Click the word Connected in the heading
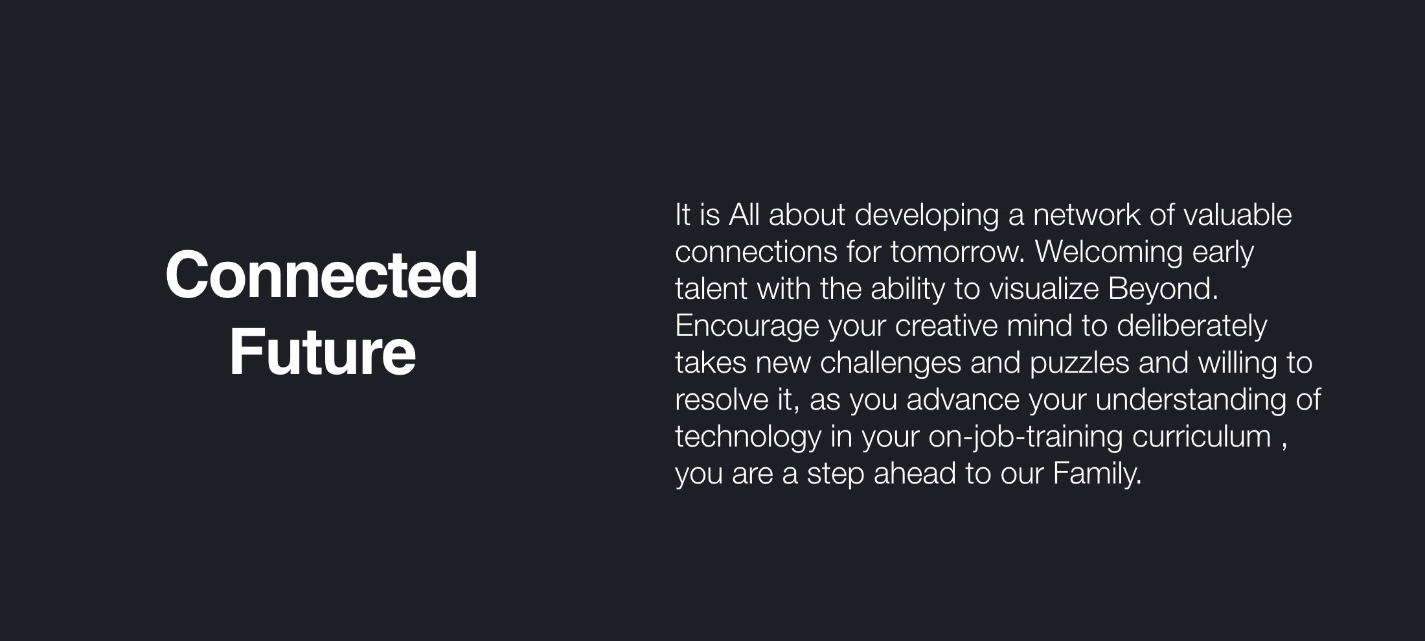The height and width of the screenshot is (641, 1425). [x=322, y=275]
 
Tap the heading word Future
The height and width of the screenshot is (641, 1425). [x=322, y=352]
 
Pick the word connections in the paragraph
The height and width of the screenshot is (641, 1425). [x=756, y=252]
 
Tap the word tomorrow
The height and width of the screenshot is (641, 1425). [x=957, y=252]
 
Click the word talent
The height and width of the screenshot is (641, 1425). [x=711, y=288]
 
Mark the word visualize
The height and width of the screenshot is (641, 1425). [x=1044, y=288]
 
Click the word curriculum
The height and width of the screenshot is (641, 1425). [x=1202, y=436]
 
